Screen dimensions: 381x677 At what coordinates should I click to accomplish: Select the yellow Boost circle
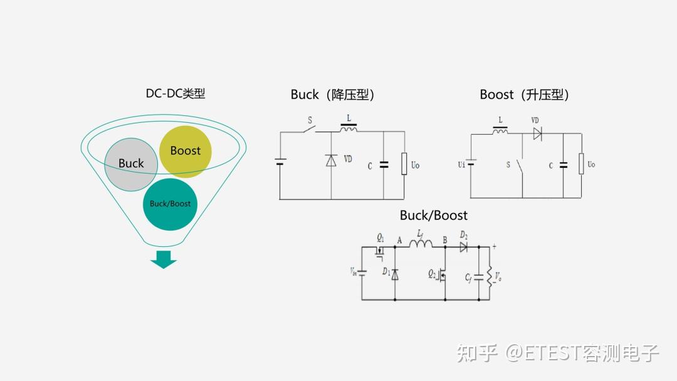(x=186, y=151)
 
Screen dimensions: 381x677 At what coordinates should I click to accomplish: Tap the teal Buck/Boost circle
(x=170, y=204)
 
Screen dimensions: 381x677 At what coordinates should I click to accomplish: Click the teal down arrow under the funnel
(x=164, y=259)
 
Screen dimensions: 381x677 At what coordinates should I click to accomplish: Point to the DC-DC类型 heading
(x=176, y=94)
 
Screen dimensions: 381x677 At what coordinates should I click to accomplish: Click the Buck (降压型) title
(x=333, y=95)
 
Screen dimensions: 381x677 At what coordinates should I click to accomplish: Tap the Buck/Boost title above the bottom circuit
(x=434, y=216)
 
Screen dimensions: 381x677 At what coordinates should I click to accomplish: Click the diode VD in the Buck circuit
(x=331, y=160)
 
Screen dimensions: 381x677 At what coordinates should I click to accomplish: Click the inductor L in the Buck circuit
(x=349, y=128)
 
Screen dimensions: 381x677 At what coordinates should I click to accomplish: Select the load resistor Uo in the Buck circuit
(x=404, y=164)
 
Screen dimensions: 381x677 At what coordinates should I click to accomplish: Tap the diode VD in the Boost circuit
(x=537, y=133)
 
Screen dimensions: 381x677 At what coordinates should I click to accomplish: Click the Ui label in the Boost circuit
(x=461, y=165)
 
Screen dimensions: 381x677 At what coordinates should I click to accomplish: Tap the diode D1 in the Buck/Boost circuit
(x=394, y=273)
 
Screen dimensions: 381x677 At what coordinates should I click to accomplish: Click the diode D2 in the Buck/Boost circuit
(x=463, y=246)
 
